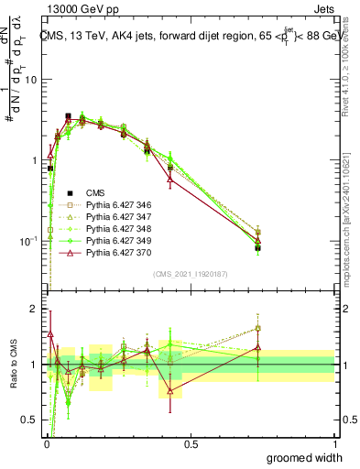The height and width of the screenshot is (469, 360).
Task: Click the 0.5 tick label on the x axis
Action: pos(191,443)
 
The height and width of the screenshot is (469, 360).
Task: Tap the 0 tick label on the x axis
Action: pos(46,443)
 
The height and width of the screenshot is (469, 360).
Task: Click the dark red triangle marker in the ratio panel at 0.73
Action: pos(257,347)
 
